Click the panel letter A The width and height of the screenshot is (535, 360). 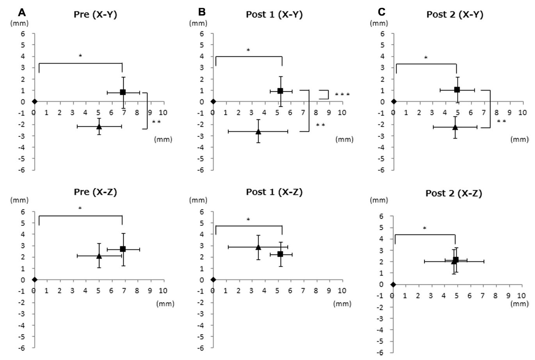(x=22, y=12)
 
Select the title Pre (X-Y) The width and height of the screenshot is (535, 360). (x=96, y=15)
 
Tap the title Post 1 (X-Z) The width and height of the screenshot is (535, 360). (x=274, y=192)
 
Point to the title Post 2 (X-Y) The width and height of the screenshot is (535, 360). (x=455, y=15)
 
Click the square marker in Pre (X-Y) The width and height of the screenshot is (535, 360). (x=123, y=92)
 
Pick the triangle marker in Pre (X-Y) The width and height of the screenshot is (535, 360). (x=99, y=126)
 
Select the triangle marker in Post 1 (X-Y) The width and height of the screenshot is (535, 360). (x=258, y=131)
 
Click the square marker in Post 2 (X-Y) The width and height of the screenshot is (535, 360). (x=457, y=90)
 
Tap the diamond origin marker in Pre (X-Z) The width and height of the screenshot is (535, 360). (x=34, y=280)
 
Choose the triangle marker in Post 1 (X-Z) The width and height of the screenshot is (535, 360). (x=258, y=247)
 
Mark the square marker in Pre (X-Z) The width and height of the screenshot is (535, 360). (x=123, y=249)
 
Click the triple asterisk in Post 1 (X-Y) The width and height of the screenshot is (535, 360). (x=342, y=95)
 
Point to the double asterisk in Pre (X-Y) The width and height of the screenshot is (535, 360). (x=156, y=122)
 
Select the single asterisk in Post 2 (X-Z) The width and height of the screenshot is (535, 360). (x=425, y=228)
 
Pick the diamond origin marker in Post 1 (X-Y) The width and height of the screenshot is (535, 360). (x=213, y=102)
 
